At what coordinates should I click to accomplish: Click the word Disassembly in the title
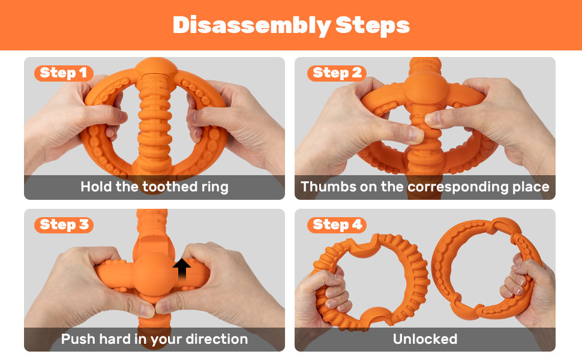pos(251,26)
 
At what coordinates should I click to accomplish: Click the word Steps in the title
pos(372,26)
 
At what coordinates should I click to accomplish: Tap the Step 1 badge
pos(64,73)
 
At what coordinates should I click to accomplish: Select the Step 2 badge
pos(337,73)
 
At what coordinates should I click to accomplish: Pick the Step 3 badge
pos(64,225)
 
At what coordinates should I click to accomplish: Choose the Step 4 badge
pos(337,225)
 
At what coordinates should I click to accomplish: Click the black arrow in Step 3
pos(182,269)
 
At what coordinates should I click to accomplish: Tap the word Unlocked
pos(425,339)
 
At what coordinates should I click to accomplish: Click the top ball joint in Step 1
pos(156,68)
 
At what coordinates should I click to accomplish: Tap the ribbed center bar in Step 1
pos(154,123)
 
